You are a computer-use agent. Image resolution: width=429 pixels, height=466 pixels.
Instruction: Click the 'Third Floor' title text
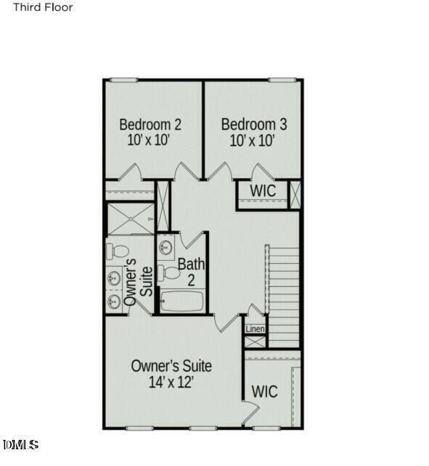pyautogui.click(x=43, y=8)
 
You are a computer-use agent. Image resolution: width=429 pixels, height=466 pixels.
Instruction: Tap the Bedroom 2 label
pyautogui.click(x=150, y=125)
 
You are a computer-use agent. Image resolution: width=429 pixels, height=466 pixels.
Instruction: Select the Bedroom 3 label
pyautogui.click(x=253, y=125)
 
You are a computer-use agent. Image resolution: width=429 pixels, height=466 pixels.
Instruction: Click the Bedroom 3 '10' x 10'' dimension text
pyautogui.click(x=252, y=141)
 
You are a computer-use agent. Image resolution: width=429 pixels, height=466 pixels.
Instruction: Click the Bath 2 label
pyautogui.click(x=192, y=270)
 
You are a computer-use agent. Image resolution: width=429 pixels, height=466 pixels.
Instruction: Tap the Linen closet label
pyautogui.click(x=255, y=329)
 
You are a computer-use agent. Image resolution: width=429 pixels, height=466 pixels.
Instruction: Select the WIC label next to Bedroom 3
pyautogui.click(x=263, y=190)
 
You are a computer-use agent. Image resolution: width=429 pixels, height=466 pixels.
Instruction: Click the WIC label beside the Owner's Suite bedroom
pyautogui.click(x=264, y=391)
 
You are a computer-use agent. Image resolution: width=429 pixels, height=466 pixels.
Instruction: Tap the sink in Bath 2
pyautogui.click(x=166, y=245)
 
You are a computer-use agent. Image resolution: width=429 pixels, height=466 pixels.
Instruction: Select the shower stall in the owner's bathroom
pyautogui.click(x=131, y=219)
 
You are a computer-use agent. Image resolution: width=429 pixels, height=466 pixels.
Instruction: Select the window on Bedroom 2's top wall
pyautogui.click(x=124, y=80)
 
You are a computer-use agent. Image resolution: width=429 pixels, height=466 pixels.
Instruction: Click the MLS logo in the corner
pyautogui.click(x=20, y=444)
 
